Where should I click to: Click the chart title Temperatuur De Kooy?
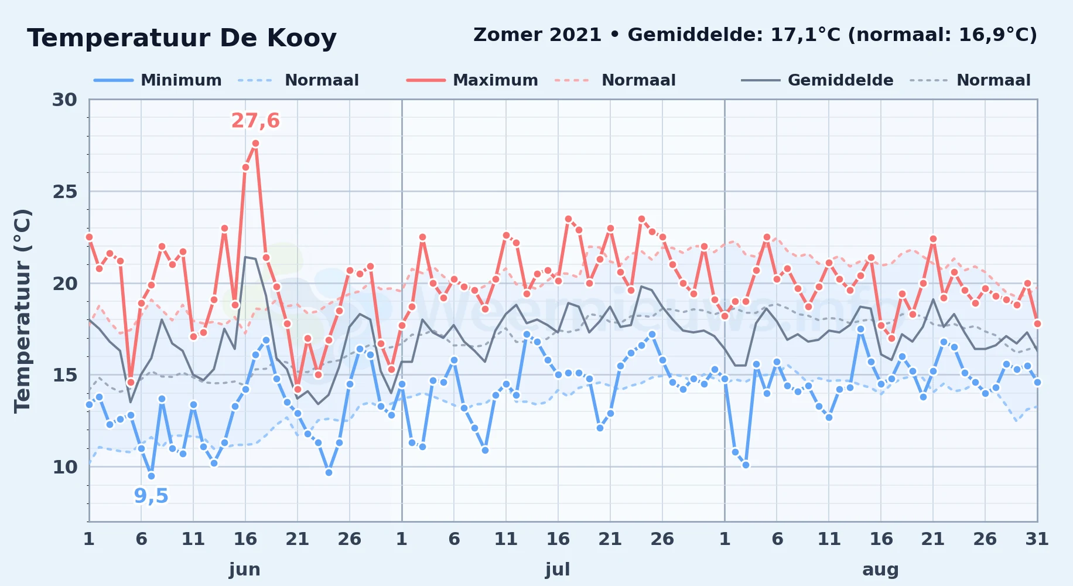(182, 39)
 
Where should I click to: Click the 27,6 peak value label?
(255, 121)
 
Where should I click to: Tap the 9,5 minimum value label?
(151, 496)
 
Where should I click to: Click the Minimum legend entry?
(158, 80)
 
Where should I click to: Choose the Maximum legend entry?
(472, 80)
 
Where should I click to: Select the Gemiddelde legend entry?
(818, 80)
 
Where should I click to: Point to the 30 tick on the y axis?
(64, 100)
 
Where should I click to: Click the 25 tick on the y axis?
(64, 192)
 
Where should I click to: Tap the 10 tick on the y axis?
(64, 467)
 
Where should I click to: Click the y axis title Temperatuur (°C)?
(22, 311)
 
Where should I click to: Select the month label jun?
(245, 570)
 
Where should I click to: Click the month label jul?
(558, 570)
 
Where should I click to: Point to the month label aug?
(880, 570)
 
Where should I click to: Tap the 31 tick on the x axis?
(1037, 539)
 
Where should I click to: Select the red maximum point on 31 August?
(1037, 323)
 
